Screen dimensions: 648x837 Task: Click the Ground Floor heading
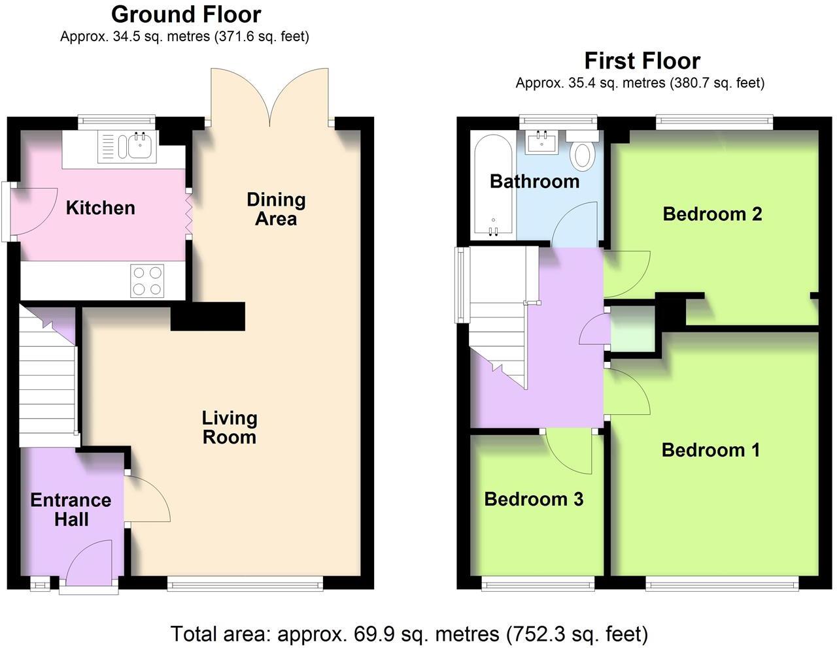click(x=186, y=14)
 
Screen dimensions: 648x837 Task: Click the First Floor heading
click(x=641, y=61)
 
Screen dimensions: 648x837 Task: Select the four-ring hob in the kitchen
click(x=147, y=280)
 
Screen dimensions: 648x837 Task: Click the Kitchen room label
click(x=100, y=208)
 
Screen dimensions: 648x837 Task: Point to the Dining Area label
click(x=275, y=209)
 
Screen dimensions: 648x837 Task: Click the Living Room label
click(x=229, y=427)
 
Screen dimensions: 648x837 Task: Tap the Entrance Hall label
click(x=71, y=510)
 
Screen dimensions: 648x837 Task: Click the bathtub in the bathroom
click(x=492, y=185)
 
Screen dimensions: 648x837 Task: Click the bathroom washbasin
click(x=542, y=142)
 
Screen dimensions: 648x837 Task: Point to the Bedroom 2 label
click(x=712, y=214)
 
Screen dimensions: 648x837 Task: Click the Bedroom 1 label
click(x=711, y=450)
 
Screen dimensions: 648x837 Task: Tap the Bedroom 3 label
click(x=534, y=499)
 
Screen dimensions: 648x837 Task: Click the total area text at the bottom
click(x=409, y=634)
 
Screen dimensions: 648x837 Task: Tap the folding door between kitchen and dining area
click(x=188, y=216)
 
